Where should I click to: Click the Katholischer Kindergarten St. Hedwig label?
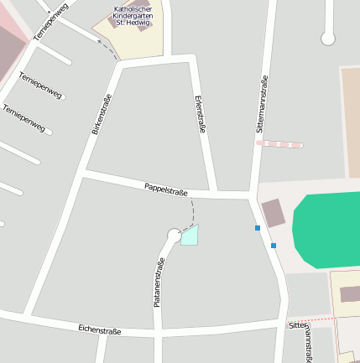[x=131, y=15]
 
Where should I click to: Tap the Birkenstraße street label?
[x=102, y=115]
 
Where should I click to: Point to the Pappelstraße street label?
[x=164, y=188]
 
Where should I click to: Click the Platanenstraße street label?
[x=158, y=282]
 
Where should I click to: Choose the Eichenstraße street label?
[x=99, y=330]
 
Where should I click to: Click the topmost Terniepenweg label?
[x=50, y=23]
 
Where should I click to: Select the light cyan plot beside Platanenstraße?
[x=190, y=236]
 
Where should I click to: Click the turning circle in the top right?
[x=328, y=38]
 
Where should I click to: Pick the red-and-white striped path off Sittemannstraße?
[x=279, y=144]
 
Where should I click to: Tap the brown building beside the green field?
[x=273, y=212]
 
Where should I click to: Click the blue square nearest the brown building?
[x=258, y=228]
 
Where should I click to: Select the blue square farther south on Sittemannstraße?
[x=274, y=246]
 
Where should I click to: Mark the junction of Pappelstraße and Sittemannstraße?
[x=252, y=195]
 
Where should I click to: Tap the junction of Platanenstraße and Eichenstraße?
[x=157, y=333]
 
